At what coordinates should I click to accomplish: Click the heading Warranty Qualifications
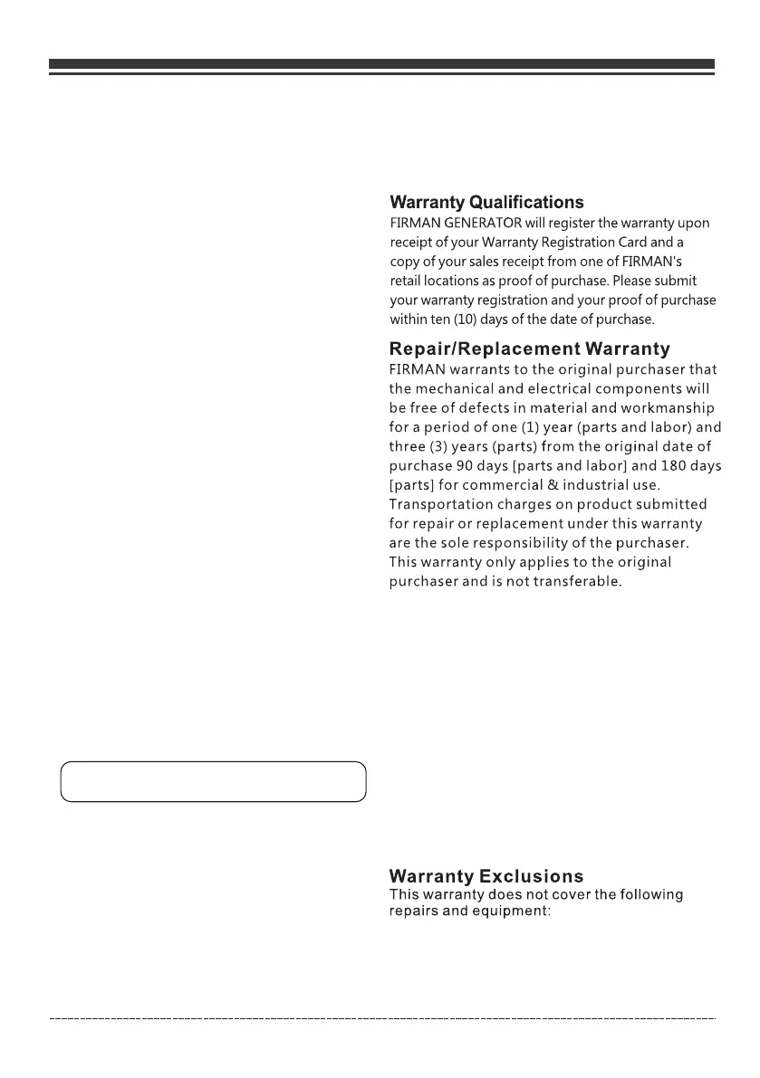pos(486,203)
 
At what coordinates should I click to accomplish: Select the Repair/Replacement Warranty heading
pos(529,348)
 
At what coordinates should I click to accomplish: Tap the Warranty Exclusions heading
pos(486,876)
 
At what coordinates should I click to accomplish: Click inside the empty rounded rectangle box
pos(213,781)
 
